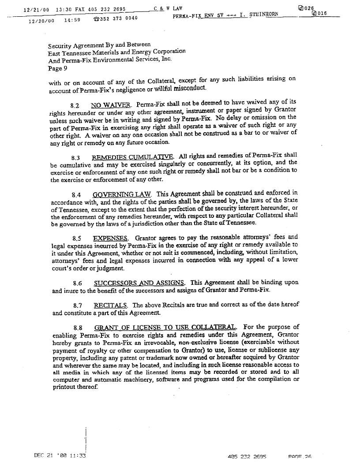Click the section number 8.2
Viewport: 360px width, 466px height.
click(x=75, y=106)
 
